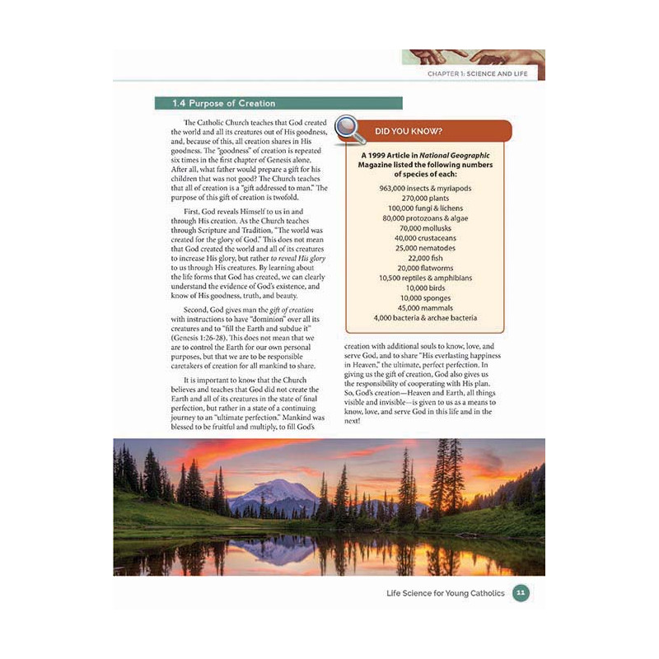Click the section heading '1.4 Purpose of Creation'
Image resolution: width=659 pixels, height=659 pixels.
(223, 104)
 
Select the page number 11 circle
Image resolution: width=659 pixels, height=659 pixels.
(520, 592)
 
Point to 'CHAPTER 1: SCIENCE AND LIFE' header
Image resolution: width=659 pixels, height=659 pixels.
(482, 74)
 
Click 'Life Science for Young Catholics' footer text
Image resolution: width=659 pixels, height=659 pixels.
(446, 592)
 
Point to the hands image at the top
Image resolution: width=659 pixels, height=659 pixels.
(473, 56)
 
